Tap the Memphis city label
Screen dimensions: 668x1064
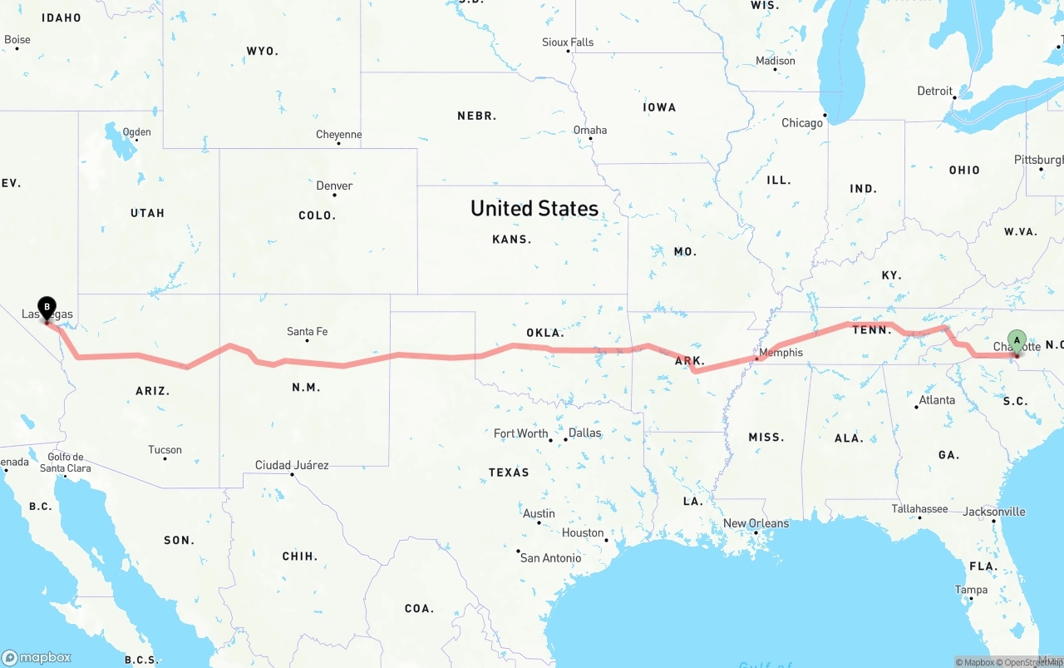click(781, 353)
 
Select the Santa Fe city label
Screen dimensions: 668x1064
click(307, 332)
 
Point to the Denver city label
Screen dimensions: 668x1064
click(334, 186)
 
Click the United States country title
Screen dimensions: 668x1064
click(534, 208)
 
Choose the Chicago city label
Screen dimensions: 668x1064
click(801, 123)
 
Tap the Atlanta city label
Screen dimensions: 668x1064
click(937, 400)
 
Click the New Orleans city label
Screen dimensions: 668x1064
click(756, 523)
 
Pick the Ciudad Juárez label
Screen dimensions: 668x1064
click(292, 465)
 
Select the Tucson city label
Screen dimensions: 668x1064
click(165, 450)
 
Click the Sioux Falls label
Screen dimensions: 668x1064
click(568, 42)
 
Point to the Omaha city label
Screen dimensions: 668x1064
click(589, 131)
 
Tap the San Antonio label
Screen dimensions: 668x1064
click(550, 557)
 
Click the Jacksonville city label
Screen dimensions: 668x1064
click(994, 512)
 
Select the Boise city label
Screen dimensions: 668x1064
click(17, 39)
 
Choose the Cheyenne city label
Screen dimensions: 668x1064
click(338, 135)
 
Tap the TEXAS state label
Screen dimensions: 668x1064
click(509, 473)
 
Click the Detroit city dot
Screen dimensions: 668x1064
click(955, 97)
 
